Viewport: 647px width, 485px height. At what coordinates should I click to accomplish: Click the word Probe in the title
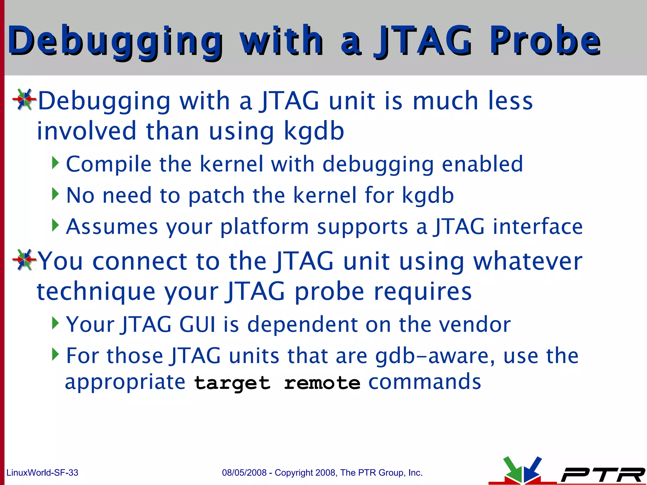tap(545, 41)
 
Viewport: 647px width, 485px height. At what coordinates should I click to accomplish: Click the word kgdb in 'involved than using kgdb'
tap(314, 131)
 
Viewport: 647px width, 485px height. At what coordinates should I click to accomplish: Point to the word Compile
tap(109, 164)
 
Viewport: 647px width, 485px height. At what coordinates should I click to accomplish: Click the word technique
tap(96, 291)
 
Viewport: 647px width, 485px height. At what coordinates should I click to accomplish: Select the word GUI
tap(197, 324)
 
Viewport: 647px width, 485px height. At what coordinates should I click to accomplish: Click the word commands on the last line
tap(425, 382)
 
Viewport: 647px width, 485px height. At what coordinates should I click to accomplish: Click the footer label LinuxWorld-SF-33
tap(42, 473)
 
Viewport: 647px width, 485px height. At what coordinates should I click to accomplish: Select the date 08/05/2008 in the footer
tap(244, 473)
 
